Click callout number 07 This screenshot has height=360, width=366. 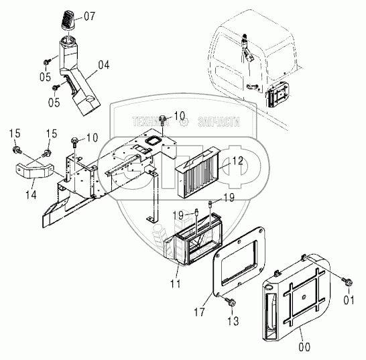pos(90,16)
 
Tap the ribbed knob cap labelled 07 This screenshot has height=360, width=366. pos(68,20)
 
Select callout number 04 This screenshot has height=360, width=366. pos(104,65)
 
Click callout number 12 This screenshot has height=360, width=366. pos(237,161)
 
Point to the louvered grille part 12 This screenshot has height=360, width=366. pos(198,172)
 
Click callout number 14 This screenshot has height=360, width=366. pos(31,194)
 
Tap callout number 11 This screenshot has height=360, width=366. pos(175,284)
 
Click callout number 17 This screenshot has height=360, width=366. pos(199,312)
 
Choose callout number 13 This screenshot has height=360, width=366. pos(233,321)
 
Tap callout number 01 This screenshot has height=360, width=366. pos(349,300)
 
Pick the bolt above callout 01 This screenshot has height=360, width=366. pos(347,282)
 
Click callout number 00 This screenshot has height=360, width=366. pos(304,347)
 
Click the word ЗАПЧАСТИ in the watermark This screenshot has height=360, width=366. pos(219,121)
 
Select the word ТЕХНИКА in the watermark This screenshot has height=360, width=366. pos(151,121)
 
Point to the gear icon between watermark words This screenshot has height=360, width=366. pos(184,122)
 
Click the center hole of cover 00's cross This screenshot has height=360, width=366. pos(304,297)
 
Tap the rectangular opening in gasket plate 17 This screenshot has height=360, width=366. pos(239,260)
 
